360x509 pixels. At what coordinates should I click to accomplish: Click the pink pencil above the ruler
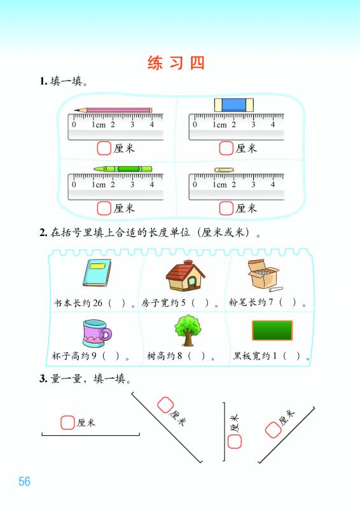(113, 110)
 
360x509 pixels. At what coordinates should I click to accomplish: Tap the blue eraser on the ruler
(233, 105)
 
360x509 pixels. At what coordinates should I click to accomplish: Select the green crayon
(123, 169)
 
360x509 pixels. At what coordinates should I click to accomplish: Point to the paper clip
(224, 170)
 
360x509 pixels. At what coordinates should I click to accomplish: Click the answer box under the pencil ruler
(104, 148)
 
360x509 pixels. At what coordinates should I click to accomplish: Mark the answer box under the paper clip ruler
(226, 209)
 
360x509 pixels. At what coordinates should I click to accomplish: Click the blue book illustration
(97, 272)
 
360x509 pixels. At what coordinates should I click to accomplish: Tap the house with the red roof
(185, 275)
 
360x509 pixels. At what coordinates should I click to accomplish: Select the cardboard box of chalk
(263, 274)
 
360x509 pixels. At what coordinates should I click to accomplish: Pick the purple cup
(97, 333)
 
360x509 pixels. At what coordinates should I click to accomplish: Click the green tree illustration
(188, 330)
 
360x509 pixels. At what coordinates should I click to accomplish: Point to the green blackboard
(272, 330)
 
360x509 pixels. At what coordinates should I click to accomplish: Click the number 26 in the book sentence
(97, 303)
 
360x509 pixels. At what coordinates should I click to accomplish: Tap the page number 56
(24, 481)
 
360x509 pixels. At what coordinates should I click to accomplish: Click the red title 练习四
(176, 62)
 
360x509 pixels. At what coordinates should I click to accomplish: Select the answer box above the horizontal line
(67, 422)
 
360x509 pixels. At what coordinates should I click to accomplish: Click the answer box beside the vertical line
(234, 442)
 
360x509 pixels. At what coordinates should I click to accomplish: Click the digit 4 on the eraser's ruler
(273, 124)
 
